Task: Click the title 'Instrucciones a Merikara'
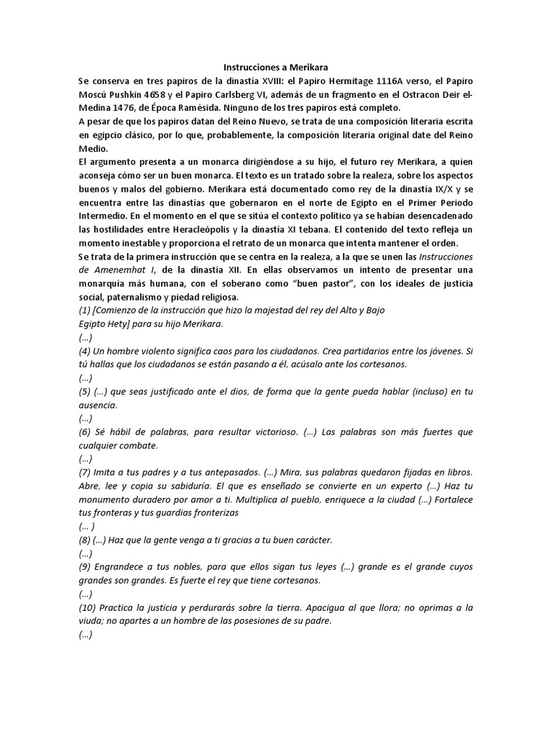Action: (x=277, y=66)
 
